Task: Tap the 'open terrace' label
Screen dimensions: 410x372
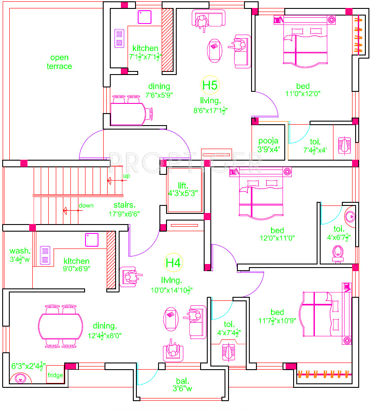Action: tap(59, 62)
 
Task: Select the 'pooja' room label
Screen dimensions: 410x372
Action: tap(269, 141)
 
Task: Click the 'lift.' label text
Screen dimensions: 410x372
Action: tap(183, 185)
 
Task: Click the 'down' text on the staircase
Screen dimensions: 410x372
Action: tap(86, 205)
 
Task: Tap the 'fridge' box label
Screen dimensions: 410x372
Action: tap(55, 375)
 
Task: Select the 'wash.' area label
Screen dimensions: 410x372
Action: tap(20, 251)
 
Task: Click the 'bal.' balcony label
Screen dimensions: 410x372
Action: tap(182, 381)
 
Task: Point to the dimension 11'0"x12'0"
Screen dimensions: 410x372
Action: tap(303, 94)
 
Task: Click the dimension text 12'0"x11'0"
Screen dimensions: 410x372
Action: tap(277, 238)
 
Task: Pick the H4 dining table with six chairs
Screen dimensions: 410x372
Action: tap(62, 325)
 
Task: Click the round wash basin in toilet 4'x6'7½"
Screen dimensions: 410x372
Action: tap(350, 217)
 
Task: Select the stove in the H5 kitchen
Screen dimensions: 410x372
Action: tap(119, 38)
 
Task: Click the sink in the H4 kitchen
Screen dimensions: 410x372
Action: tap(92, 240)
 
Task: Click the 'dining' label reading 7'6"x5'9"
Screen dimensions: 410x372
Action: tap(159, 91)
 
